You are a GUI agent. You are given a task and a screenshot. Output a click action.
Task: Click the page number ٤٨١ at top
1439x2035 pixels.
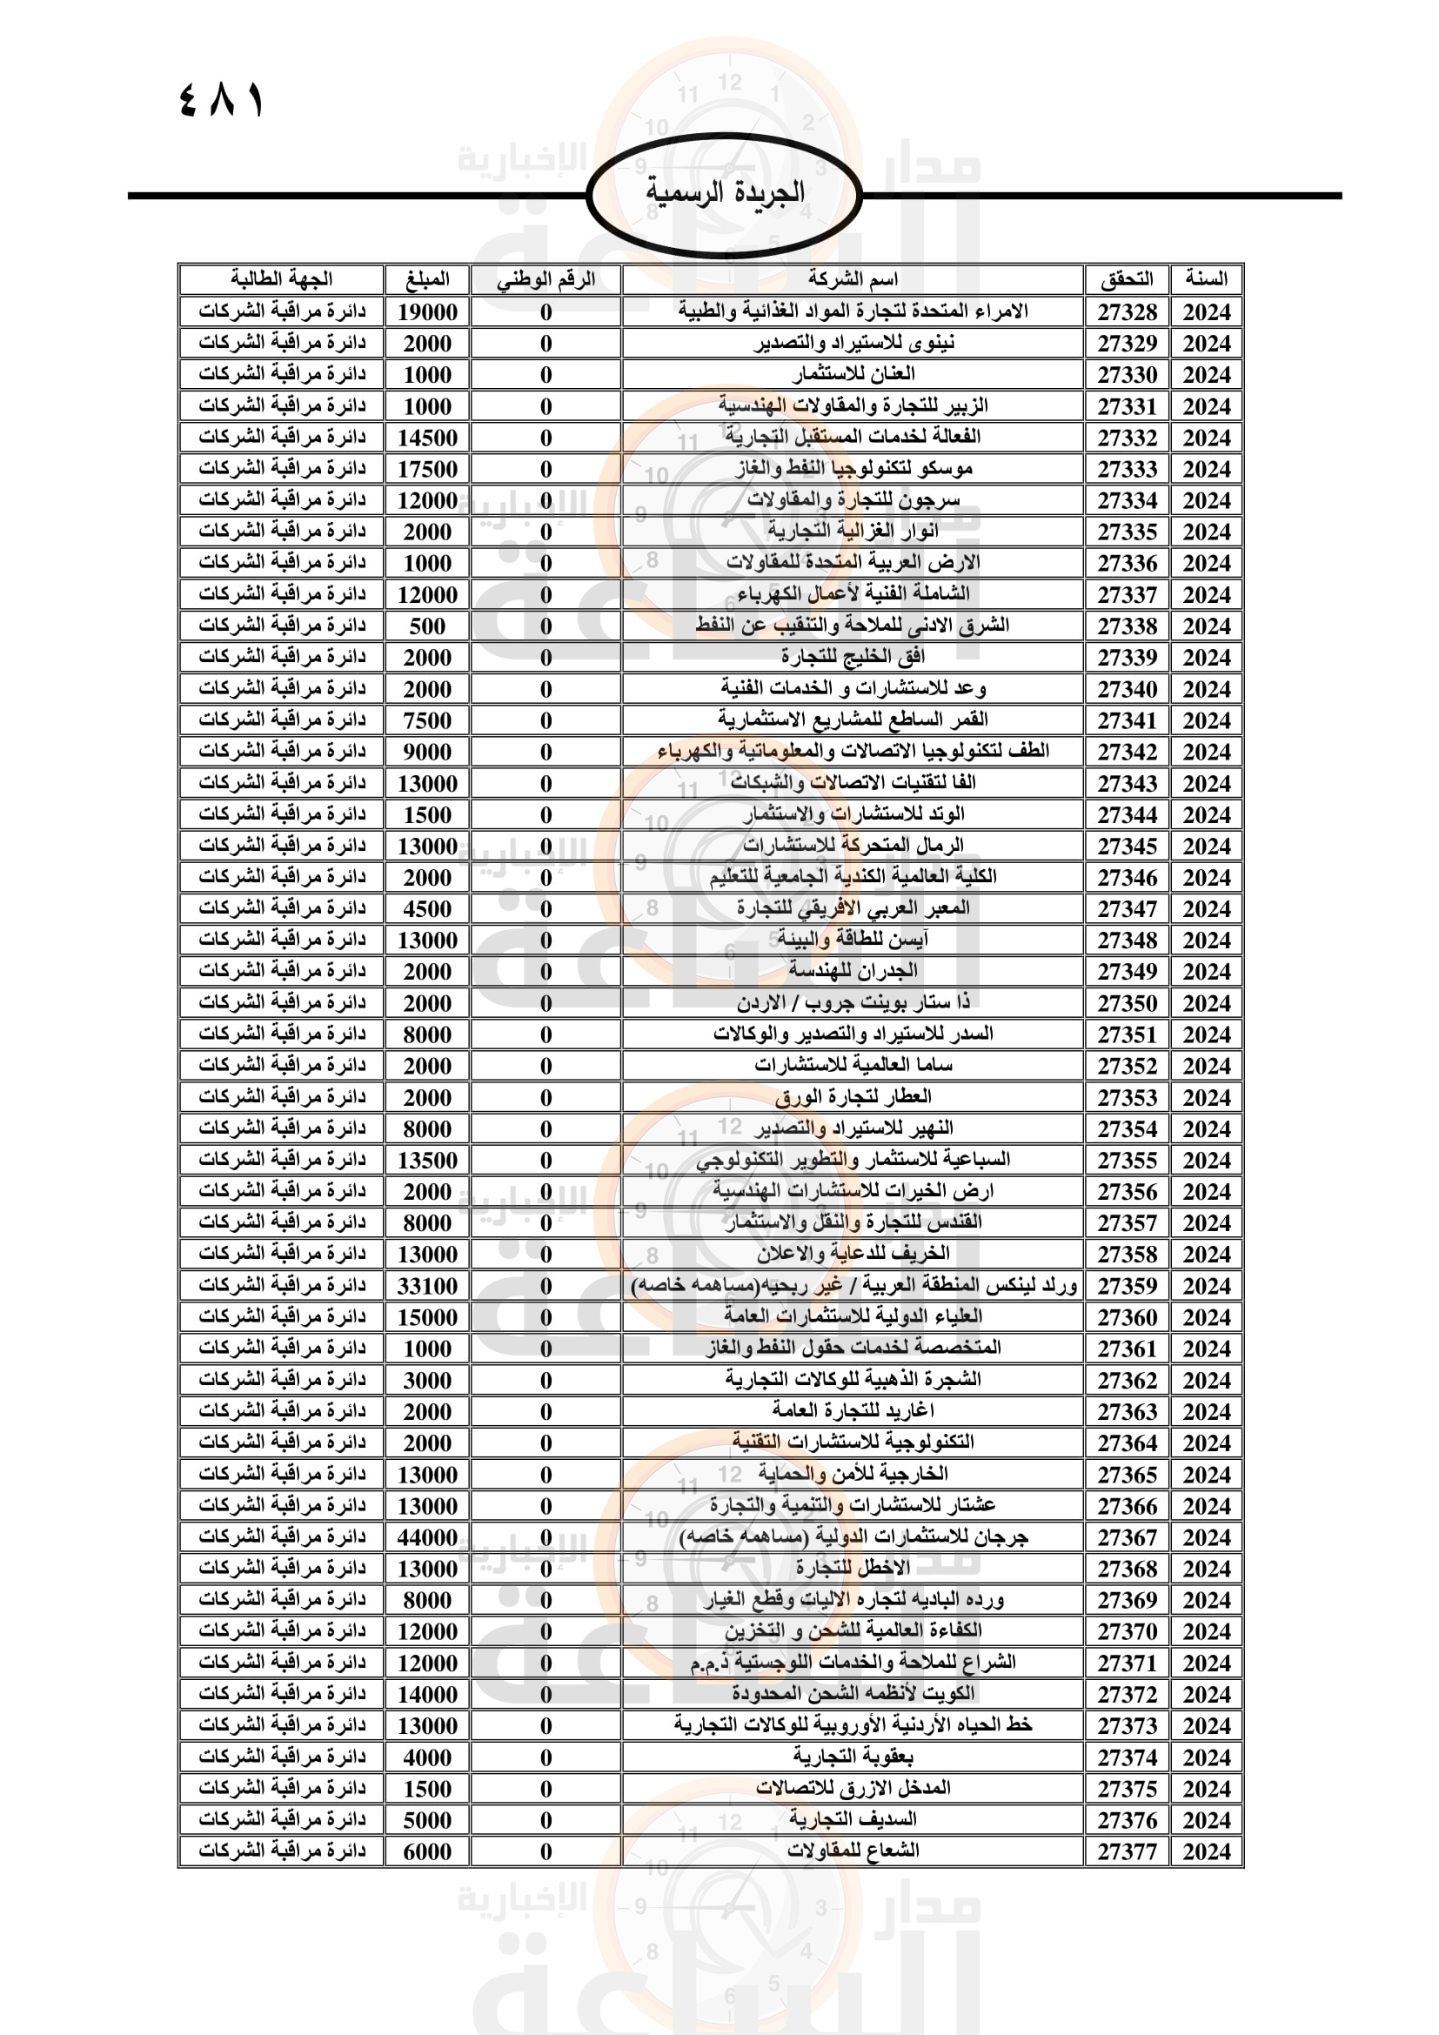coord(222,100)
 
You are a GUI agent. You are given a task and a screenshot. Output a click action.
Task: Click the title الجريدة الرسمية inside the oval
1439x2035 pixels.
coord(725,191)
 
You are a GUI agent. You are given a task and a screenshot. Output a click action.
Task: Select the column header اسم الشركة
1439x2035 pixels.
coord(853,279)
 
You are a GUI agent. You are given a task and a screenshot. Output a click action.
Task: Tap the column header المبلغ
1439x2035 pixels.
coord(427,279)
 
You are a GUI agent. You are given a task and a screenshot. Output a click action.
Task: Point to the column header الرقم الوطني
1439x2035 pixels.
coord(545,279)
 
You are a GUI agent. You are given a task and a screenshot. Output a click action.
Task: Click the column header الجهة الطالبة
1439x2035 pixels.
coord(282,279)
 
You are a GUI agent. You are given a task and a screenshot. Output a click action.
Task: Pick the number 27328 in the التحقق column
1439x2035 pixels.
coord(1127,312)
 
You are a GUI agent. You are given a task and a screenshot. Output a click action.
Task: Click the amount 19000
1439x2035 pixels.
coord(427,312)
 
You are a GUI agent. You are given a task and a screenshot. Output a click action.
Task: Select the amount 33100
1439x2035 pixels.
coord(427,1285)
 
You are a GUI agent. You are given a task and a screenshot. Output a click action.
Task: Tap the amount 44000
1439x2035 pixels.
coord(427,1536)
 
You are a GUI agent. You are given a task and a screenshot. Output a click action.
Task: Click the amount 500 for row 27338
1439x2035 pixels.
coord(427,626)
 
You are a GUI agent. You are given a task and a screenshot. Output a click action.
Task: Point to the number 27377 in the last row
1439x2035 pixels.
coord(1127,1851)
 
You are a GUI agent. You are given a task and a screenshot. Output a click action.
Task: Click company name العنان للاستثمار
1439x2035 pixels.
coord(853,374)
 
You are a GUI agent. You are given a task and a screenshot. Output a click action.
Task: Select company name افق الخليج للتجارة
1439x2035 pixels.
coord(853,657)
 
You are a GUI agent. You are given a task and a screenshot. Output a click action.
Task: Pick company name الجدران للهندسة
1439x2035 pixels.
coord(853,971)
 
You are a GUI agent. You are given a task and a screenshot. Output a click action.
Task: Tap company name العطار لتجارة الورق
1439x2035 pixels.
coord(853,1096)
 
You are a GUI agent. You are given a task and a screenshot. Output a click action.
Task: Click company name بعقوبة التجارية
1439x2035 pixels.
coord(853,1757)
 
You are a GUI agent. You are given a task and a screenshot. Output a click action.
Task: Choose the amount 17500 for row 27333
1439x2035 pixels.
coord(427,469)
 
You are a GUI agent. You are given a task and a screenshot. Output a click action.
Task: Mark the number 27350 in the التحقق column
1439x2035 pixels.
coord(1127,1002)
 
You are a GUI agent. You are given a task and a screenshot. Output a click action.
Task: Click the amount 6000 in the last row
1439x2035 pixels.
coord(427,1851)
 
